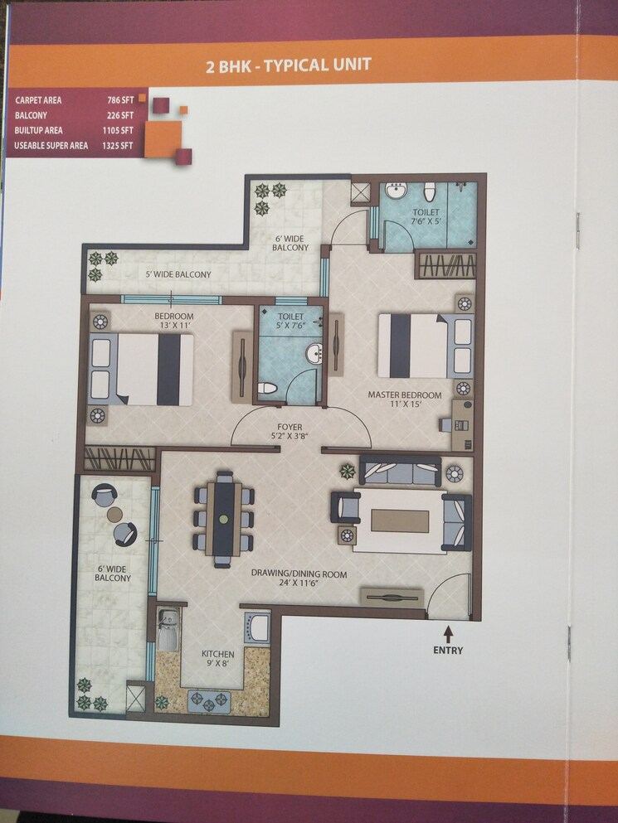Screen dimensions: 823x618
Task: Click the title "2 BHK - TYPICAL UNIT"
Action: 288,65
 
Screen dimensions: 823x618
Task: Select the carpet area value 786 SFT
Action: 119,100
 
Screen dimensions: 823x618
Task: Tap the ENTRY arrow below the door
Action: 448,634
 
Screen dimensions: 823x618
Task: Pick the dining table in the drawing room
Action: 223,519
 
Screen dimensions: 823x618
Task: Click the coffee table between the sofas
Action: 400,520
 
